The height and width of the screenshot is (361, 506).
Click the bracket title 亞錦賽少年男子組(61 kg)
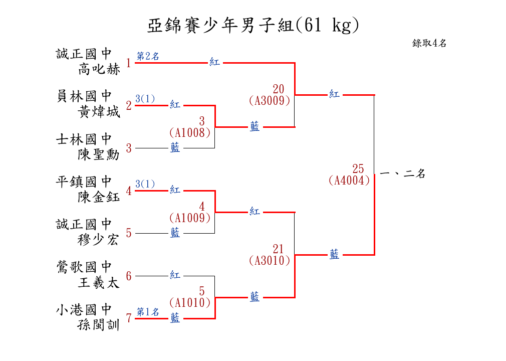tap(253, 26)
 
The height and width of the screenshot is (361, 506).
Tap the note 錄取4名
tap(429, 44)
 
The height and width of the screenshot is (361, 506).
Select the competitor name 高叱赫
tap(99, 69)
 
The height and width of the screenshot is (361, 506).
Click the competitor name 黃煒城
tap(99, 112)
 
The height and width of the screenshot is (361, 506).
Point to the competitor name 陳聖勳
tap(99, 154)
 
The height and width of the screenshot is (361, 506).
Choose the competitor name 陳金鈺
tap(99, 197)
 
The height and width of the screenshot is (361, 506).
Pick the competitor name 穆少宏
tap(99, 240)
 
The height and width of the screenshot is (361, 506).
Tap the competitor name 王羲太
tap(99, 283)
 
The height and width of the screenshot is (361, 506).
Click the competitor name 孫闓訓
tap(99, 325)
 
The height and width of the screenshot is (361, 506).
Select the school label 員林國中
tap(84, 96)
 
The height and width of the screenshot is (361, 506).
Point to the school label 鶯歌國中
tap(84, 267)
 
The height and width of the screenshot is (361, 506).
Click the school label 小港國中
tap(84, 309)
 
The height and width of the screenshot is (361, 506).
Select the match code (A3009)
tap(270, 100)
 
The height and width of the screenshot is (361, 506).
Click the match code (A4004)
tap(349, 180)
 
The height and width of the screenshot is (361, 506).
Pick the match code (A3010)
tap(270, 260)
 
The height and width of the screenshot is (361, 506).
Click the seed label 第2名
tap(148, 56)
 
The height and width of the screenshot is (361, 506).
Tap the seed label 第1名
tap(148, 312)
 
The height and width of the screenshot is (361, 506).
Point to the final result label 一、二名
tap(403, 174)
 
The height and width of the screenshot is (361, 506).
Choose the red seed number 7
tap(129, 318)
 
